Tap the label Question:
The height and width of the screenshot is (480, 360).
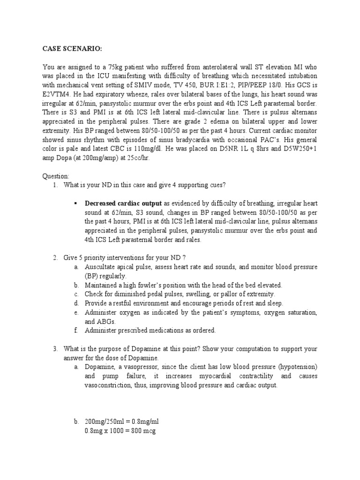click(55, 176)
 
